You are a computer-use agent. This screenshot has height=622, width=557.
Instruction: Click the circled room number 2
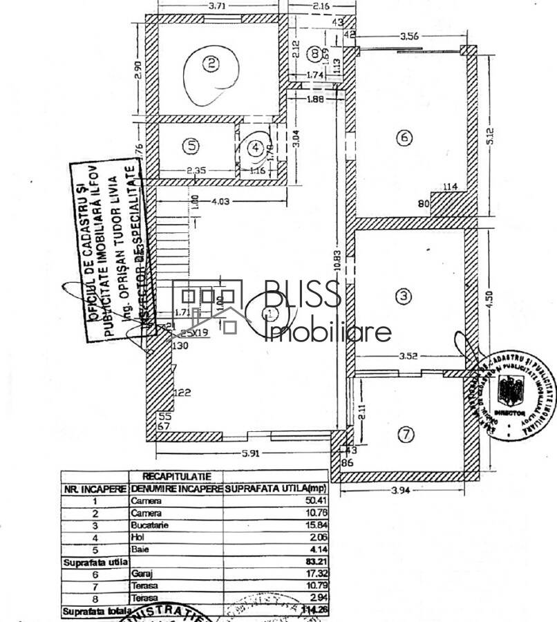click(x=211, y=64)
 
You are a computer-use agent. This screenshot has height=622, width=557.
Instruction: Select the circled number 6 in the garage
click(x=404, y=138)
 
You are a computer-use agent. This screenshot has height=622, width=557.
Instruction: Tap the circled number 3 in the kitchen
click(x=404, y=296)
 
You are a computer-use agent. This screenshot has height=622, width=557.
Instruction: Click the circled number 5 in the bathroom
click(x=191, y=146)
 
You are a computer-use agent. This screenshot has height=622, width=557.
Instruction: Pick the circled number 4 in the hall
click(x=256, y=147)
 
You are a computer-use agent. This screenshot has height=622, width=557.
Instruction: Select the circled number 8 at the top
click(x=315, y=52)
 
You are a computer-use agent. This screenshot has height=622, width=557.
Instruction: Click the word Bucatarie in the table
click(x=149, y=525)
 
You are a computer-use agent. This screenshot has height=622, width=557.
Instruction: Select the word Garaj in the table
click(x=140, y=574)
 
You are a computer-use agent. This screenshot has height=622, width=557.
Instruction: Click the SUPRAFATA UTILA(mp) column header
click(x=276, y=489)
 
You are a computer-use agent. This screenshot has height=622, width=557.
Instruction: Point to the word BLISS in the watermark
click(x=303, y=295)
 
